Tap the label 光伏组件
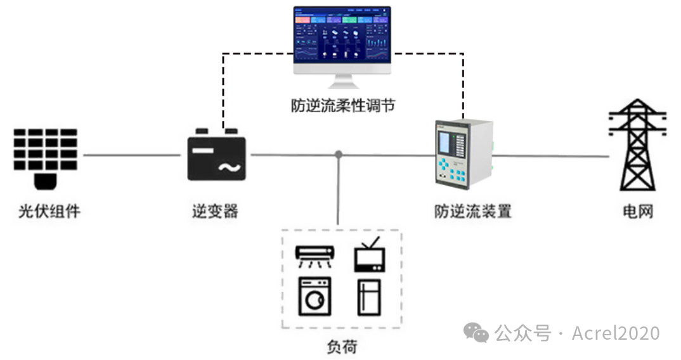[49, 210]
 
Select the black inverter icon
[216, 155]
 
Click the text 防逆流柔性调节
[342, 105]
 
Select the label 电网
[637, 210]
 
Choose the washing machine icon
[315, 296]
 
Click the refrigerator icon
[369, 297]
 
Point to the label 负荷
[342, 346]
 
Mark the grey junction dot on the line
[339, 154]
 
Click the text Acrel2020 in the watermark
[616, 333]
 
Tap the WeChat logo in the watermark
[476, 332]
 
